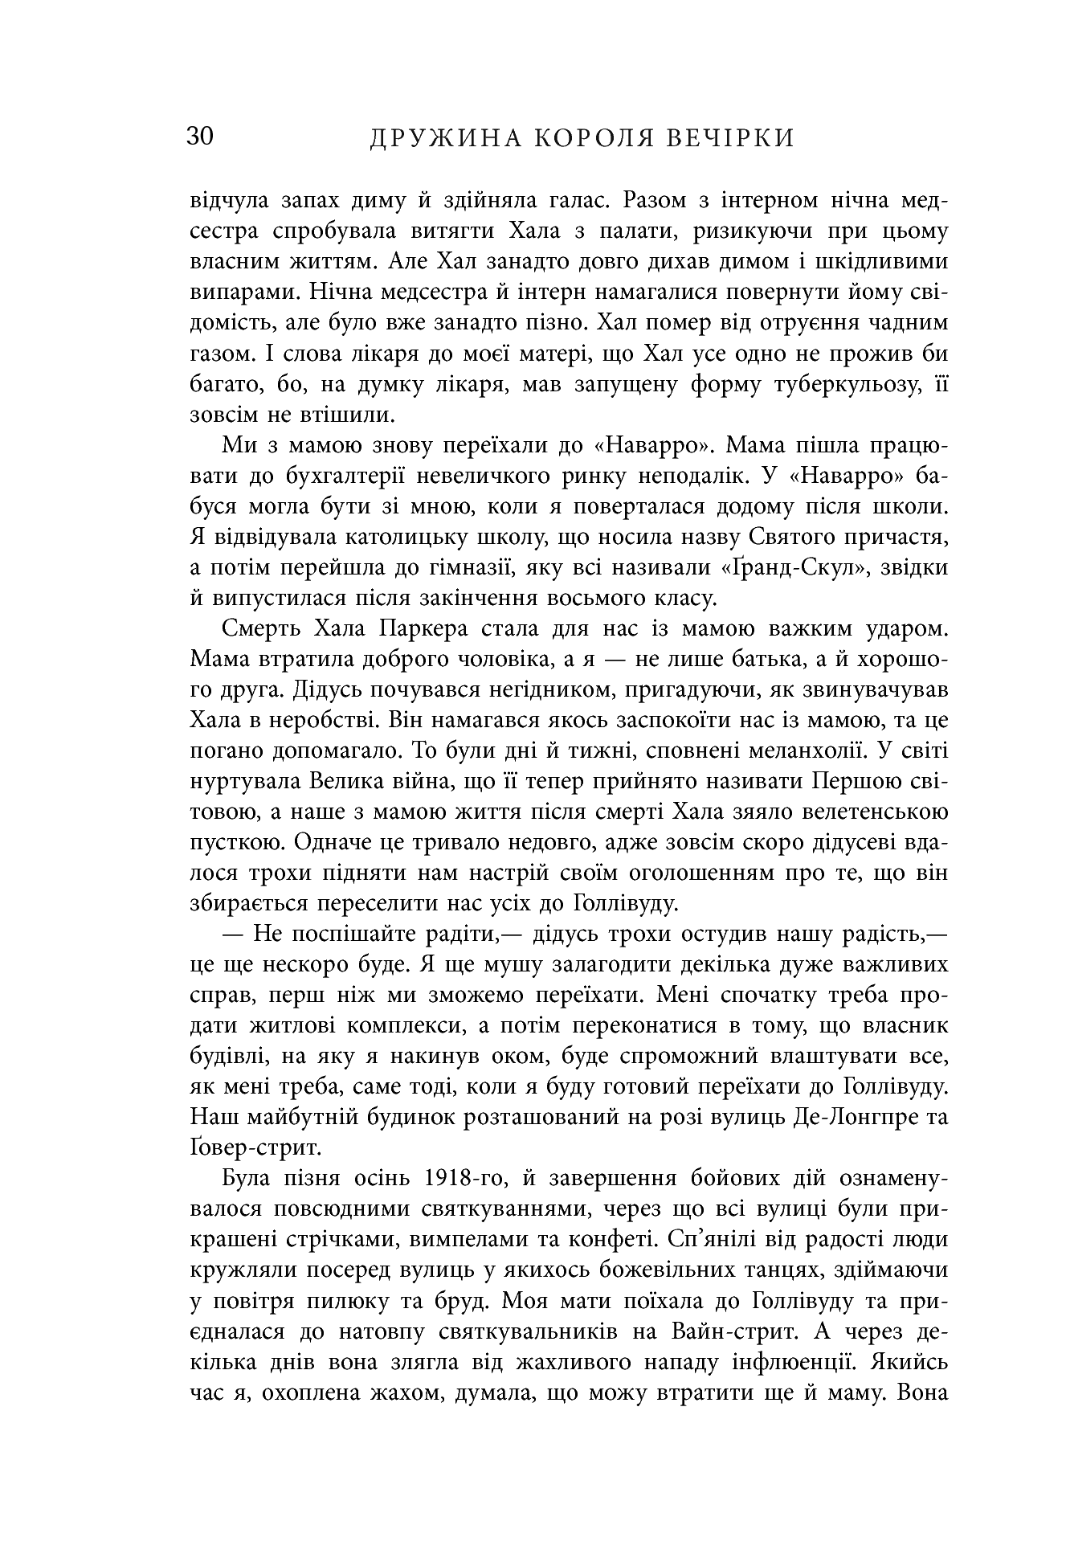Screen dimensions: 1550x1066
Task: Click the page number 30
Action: click(x=201, y=137)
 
